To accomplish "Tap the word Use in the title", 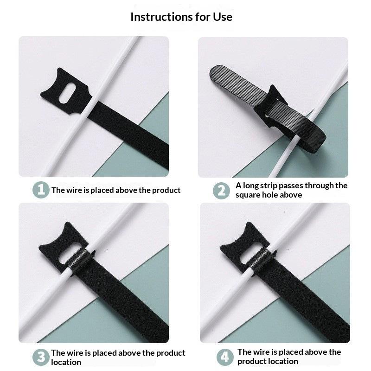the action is click(223, 17).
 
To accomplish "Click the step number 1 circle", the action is click(41, 190).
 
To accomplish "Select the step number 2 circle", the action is click(221, 191).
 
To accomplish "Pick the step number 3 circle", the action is click(41, 357).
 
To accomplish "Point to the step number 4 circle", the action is click(225, 357).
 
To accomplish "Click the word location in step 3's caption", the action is click(66, 362).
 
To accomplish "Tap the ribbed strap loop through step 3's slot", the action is click(77, 262).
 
